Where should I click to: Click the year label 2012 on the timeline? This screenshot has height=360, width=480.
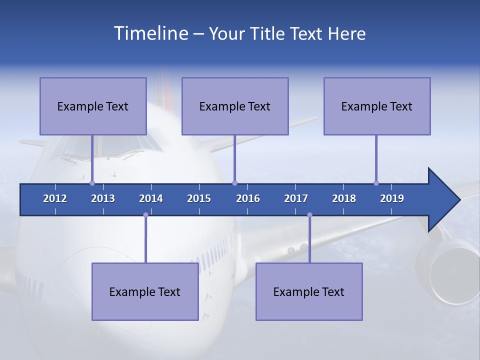(x=55, y=198)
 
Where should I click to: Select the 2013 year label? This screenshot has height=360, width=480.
(x=103, y=198)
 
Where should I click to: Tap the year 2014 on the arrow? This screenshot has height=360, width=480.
(x=151, y=198)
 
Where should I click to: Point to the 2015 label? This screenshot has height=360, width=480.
(x=199, y=198)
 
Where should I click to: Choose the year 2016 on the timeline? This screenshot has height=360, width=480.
(x=248, y=198)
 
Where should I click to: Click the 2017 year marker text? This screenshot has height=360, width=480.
(x=296, y=198)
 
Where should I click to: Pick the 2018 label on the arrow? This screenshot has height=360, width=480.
(x=344, y=198)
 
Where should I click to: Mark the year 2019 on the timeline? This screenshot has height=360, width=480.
(x=392, y=198)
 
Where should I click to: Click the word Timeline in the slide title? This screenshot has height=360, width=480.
(x=150, y=33)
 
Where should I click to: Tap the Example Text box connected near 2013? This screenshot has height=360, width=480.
(x=93, y=106)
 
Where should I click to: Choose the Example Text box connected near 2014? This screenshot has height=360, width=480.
(x=145, y=291)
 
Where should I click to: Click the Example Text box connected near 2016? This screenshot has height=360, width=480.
(x=235, y=106)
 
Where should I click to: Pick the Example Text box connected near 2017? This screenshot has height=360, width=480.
(x=309, y=291)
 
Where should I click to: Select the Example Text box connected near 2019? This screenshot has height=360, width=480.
(x=377, y=106)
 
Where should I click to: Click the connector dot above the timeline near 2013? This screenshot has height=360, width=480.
(x=92, y=183)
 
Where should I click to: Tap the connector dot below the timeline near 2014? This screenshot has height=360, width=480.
(x=145, y=214)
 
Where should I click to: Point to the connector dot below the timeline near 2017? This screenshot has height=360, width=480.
(x=309, y=214)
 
